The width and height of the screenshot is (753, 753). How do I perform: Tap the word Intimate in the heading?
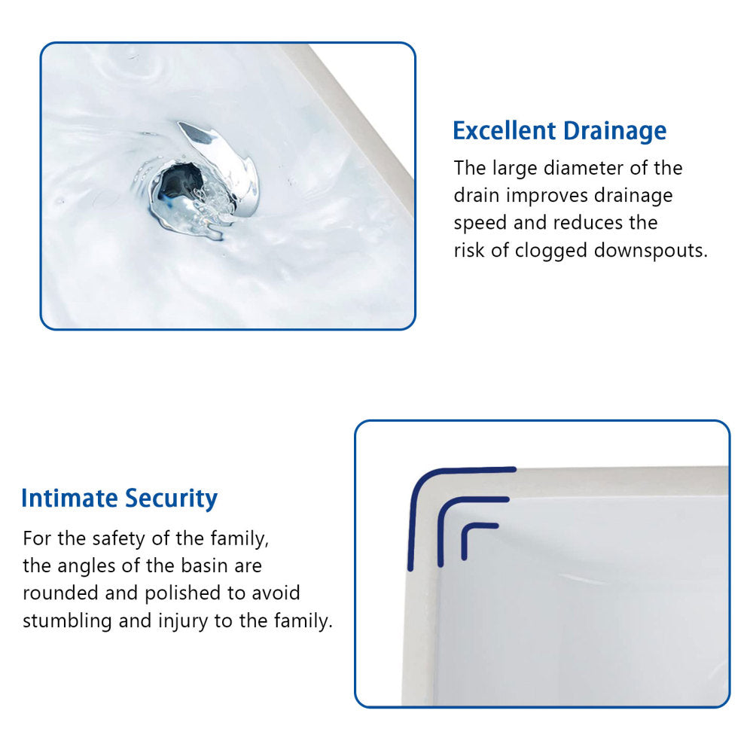click(70, 498)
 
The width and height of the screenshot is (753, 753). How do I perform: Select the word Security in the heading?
click(172, 499)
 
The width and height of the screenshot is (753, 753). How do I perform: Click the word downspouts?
click(651, 251)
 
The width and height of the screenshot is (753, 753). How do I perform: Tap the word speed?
click(476, 224)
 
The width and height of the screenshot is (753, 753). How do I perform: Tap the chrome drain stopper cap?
click(226, 162)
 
